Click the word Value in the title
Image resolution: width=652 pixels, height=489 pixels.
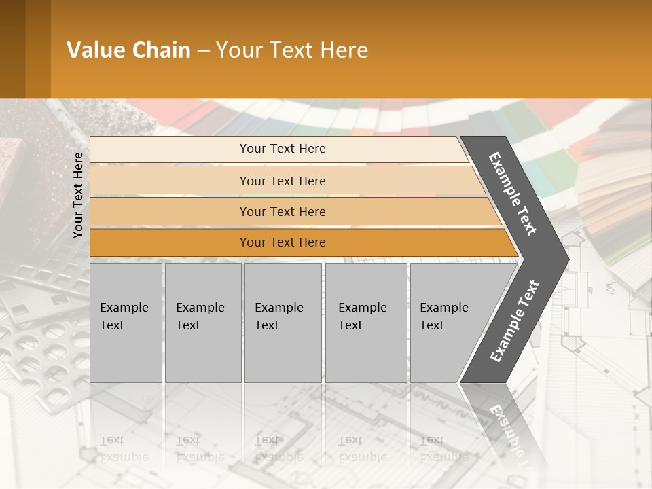(93, 50)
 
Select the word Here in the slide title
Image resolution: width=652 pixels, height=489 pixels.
(344, 50)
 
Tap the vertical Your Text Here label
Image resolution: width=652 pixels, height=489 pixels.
(78, 195)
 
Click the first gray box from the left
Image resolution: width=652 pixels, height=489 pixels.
(126, 323)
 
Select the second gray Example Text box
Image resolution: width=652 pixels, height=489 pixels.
(203, 323)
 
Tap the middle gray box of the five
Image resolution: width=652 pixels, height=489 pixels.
(283, 323)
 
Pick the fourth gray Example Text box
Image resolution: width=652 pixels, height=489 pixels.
(366, 323)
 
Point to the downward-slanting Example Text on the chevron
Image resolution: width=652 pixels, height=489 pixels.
(513, 193)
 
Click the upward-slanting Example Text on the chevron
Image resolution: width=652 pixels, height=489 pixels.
(514, 321)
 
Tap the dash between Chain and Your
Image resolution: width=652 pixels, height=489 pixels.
(203, 51)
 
